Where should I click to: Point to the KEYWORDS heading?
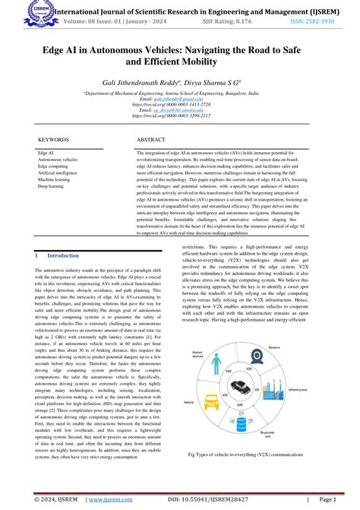point(53,141)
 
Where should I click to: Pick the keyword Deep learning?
point(52,185)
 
